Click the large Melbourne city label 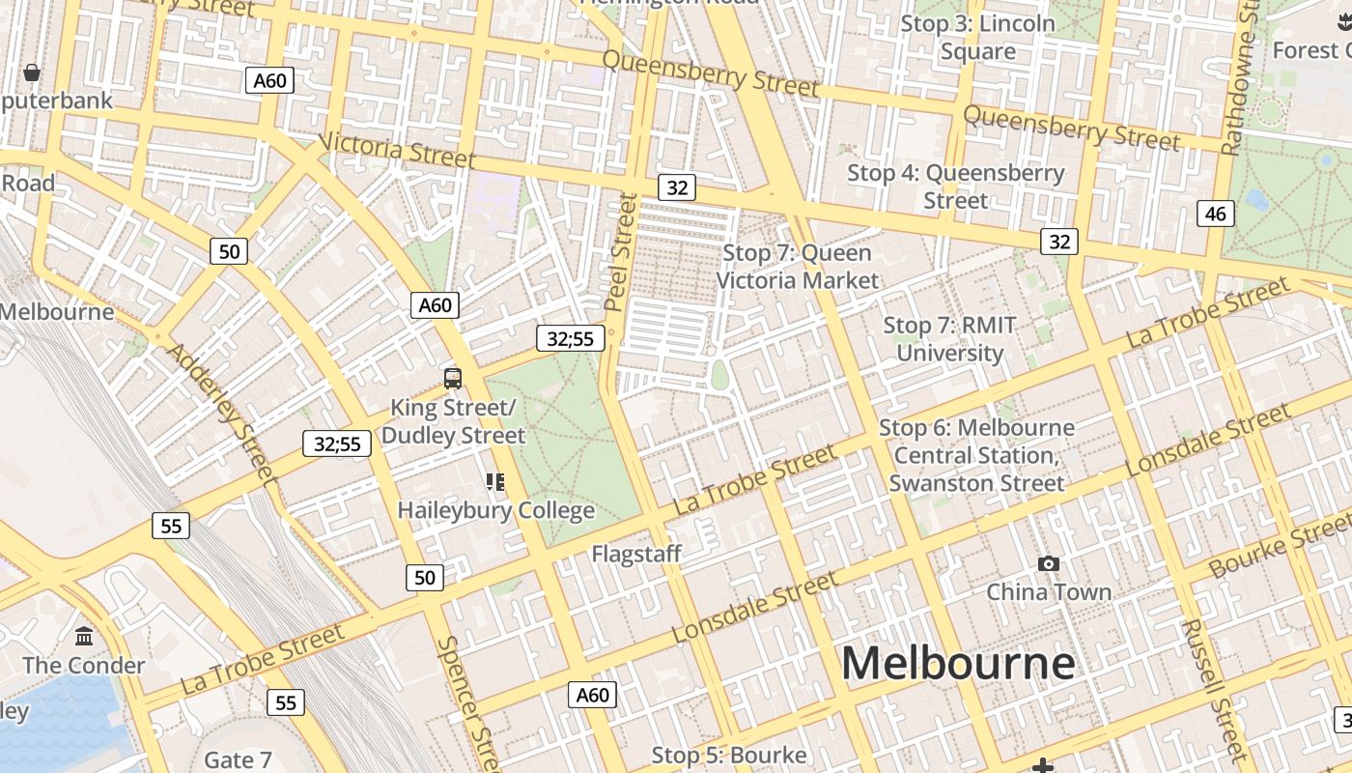pyautogui.click(x=958, y=664)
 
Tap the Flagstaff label pyautogui.click(x=636, y=554)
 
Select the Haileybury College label pyautogui.click(x=496, y=509)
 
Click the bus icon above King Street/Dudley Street pyautogui.click(x=452, y=378)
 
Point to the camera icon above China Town pyautogui.click(x=1048, y=563)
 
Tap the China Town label pyautogui.click(x=1048, y=591)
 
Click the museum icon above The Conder pyautogui.click(x=84, y=637)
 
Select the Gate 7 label pyautogui.click(x=238, y=759)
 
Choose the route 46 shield pyautogui.click(x=1215, y=214)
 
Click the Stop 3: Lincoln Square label pyautogui.click(x=977, y=38)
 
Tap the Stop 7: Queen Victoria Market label pyautogui.click(x=798, y=267)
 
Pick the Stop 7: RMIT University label pyautogui.click(x=950, y=339)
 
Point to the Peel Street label pyautogui.click(x=622, y=252)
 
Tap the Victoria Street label pyautogui.click(x=397, y=149)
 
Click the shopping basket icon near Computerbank pyautogui.click(x=32, y=72)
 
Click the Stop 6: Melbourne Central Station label pyautogui.click(x=976, y=455)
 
